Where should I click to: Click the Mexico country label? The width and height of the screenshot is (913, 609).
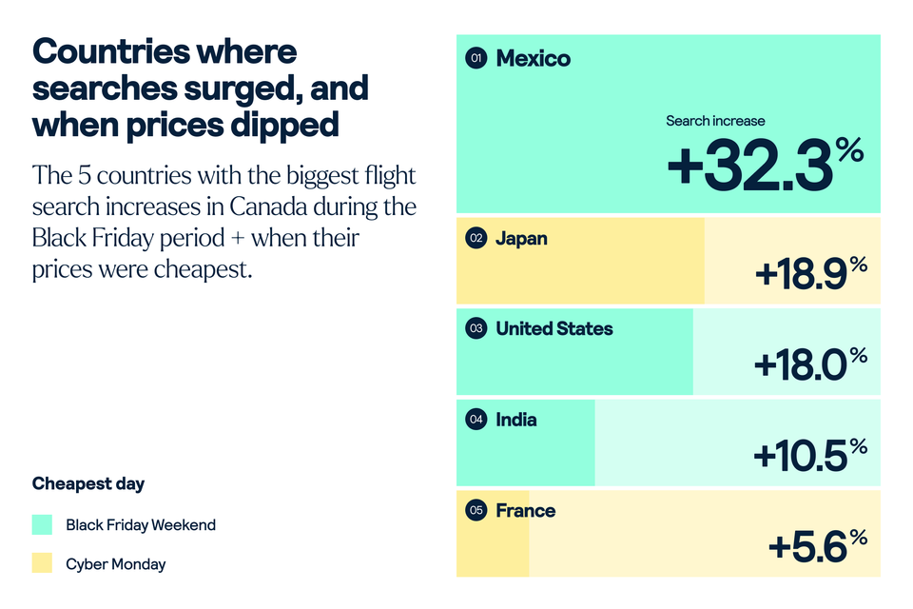pos(533,59)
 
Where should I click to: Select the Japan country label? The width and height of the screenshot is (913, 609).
pos(521,238)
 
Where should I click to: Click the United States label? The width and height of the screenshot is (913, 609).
pos(554,328)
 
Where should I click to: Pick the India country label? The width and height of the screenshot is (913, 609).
pos(515,420)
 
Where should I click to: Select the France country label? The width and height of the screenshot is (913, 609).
pos(525,511)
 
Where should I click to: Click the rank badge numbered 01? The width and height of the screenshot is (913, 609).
pos(476,59)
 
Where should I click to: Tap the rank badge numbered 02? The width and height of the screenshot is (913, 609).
pos(476,238)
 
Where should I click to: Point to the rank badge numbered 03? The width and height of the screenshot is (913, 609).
pos(476,328)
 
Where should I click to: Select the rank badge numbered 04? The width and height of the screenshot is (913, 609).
pos(476,420)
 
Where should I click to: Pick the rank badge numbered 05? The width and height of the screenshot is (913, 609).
pos(476,511)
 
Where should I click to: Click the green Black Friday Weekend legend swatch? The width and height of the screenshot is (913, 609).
pos(42,524)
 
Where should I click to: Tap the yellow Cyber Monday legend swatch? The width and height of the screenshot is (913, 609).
pos(42,563)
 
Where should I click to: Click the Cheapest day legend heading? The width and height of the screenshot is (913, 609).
pos(88,483)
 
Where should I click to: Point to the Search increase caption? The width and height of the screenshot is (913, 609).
pos(715,121)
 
